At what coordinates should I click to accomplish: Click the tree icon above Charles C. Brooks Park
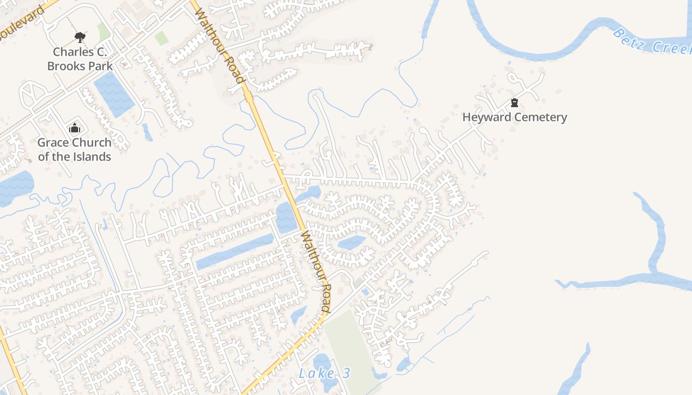[x=80, y=37]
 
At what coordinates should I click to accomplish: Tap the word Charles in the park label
[x=73, y=52]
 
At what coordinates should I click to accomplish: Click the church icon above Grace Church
[x=75, y=128]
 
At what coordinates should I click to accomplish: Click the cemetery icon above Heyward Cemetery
[x=515, y=103]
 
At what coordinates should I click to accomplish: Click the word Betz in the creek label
[x=628, y=39]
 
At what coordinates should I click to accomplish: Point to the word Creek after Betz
[x=672, y=47]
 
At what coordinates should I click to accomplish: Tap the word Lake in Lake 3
[x=316, y=373]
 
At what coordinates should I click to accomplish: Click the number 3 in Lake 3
[x=346, y=373]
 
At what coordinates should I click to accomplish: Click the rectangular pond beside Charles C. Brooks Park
[x=114, y=94]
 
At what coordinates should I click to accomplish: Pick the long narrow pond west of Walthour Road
[x=235, y=252]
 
